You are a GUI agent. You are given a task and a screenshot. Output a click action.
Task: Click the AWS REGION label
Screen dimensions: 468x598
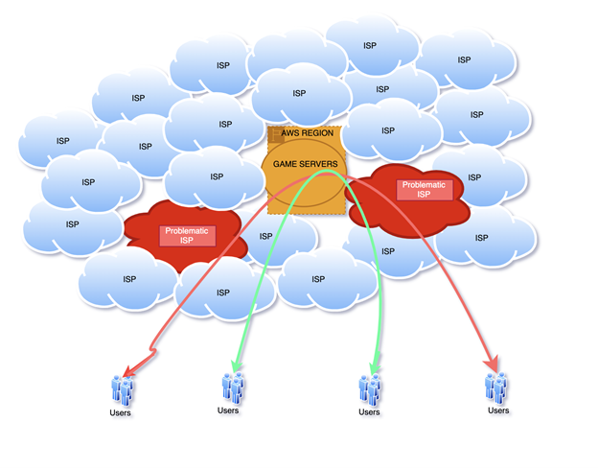[x=308, y=133]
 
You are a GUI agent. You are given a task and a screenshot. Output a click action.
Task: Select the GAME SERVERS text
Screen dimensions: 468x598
[x=305, y=165]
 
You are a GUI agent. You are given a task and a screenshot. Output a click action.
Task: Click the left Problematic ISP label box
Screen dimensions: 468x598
[x=186, y=235]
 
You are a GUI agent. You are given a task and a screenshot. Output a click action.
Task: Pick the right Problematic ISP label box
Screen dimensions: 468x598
[x=424, y=189]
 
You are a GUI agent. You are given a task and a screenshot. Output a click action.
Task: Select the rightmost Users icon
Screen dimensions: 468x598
[x=497, y=387]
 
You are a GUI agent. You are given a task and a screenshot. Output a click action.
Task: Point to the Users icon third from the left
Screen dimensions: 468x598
[x=370, y=388]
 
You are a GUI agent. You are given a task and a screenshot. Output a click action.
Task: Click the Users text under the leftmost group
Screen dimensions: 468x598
[x=120, y=413]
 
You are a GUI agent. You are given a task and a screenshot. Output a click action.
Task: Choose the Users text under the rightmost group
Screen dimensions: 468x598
[x=498, y=410]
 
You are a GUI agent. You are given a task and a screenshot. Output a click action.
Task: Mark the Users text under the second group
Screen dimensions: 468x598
[x=228, y=410]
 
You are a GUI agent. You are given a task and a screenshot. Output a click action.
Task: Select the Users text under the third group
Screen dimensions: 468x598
[x=369, y=412]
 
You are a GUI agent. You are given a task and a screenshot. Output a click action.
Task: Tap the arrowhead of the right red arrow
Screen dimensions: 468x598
[x=495, y=363]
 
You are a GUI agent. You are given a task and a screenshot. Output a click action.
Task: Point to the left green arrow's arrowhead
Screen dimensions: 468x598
[x=233, y=364]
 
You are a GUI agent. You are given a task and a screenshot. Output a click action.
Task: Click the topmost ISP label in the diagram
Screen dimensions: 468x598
[x=369, y=45]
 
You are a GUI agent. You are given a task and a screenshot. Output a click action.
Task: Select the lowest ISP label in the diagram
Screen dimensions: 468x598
[x=223, y=292]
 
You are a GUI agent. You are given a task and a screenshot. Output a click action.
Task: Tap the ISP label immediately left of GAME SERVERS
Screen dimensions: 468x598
[x=217, y=176]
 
